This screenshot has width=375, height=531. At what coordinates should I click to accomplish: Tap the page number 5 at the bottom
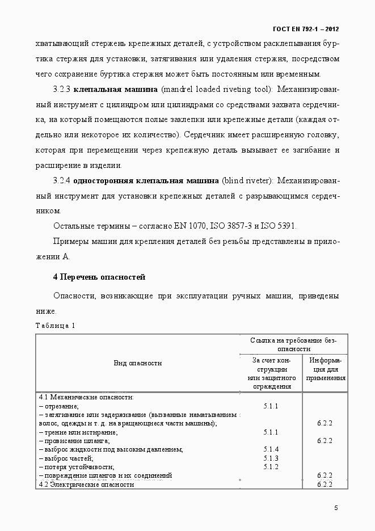point(336,508)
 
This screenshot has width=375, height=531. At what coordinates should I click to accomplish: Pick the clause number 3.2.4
point(61,181)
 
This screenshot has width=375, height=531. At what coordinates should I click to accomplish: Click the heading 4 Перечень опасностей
point(99,277)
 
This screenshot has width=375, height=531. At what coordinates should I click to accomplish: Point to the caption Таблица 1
point(55,326)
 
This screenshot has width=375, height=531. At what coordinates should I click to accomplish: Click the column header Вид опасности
point(138,363)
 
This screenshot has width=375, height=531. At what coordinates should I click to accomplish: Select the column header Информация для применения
point(325,368)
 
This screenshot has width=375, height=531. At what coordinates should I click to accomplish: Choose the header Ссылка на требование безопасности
point(294,344)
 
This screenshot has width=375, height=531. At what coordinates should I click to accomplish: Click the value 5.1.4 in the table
point(271,449)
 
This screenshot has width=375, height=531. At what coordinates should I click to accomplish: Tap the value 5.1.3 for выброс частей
point(271,458)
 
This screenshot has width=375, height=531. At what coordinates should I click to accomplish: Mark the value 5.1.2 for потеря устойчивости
point(271,466)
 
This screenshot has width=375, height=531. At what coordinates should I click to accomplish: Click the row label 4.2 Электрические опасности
point(86,484)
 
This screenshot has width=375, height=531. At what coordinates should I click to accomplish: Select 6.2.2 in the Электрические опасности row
point(325,484)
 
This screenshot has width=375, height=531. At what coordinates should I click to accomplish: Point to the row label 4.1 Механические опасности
point(86,398)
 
